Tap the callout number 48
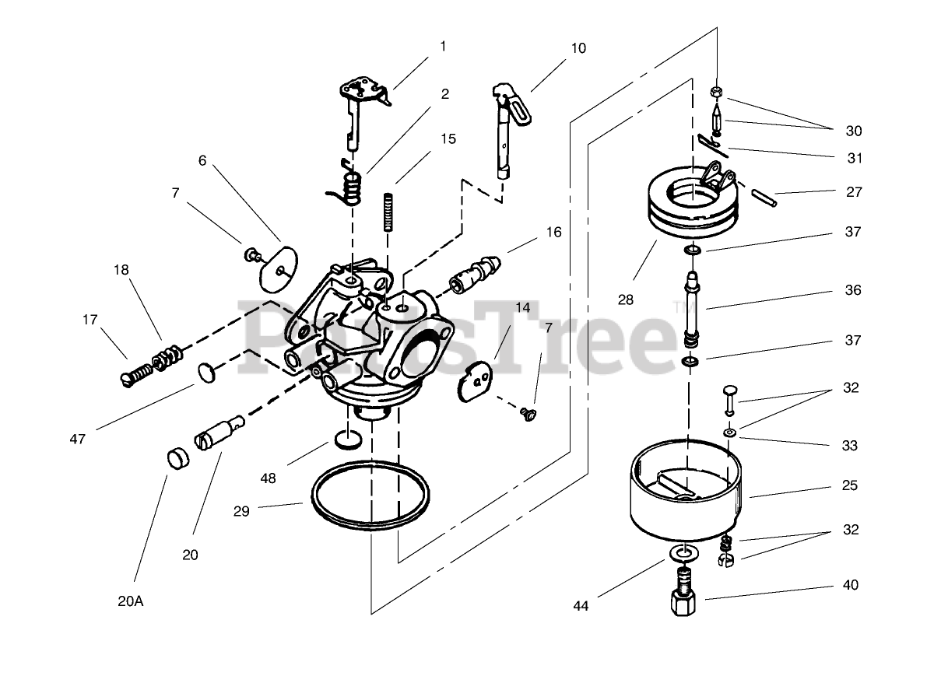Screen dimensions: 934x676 click(268, 478)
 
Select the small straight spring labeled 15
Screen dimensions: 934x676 click(386, 212)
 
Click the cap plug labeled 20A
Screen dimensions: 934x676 click(179, 458)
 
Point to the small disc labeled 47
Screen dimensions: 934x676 click(205, 372)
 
